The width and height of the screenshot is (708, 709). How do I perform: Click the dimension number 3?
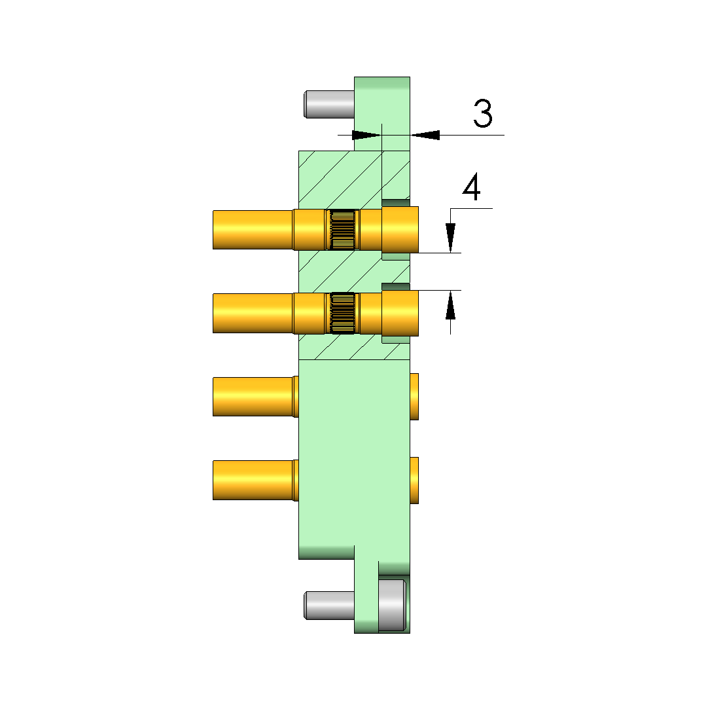pyautogui.click(x=482, y=113)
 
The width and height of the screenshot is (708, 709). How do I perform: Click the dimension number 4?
pyautogui.click(x=471, y=187)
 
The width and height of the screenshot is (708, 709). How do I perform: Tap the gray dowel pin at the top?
pyautogui.click(x=329, y=105)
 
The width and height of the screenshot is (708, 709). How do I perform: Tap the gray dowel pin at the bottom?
pyautogui.click(x=329, y=606)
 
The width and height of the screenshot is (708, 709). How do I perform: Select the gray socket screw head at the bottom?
pyautogui.click(x=392, y=605)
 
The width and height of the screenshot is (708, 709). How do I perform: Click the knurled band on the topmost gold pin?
pyautogui.click(x=342, y=230)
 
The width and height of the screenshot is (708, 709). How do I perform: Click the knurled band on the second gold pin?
pyautogui.click(x=342, y=314)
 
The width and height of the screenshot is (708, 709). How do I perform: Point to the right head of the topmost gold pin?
pyautogui.click(x=400, y=230)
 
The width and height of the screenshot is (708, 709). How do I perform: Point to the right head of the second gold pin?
pyautogui.click(x=400, y=314)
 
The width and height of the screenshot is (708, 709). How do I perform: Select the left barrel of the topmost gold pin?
pyautogui.click(x=253, y=230)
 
